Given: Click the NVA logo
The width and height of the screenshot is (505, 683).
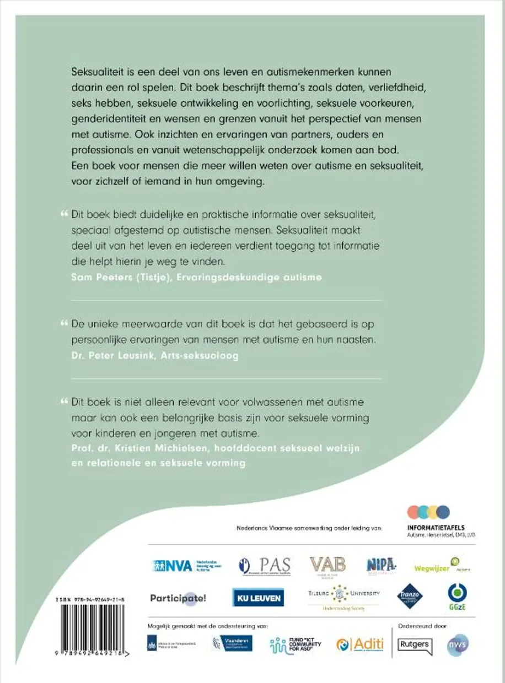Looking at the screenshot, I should (186, 566).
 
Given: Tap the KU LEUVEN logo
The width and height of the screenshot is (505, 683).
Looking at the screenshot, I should (258, 598).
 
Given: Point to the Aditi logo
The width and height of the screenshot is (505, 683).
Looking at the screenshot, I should (360, 645).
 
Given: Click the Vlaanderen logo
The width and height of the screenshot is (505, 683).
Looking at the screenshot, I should (232, 643).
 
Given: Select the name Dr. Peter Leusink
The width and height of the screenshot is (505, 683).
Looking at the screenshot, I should (103, 356).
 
